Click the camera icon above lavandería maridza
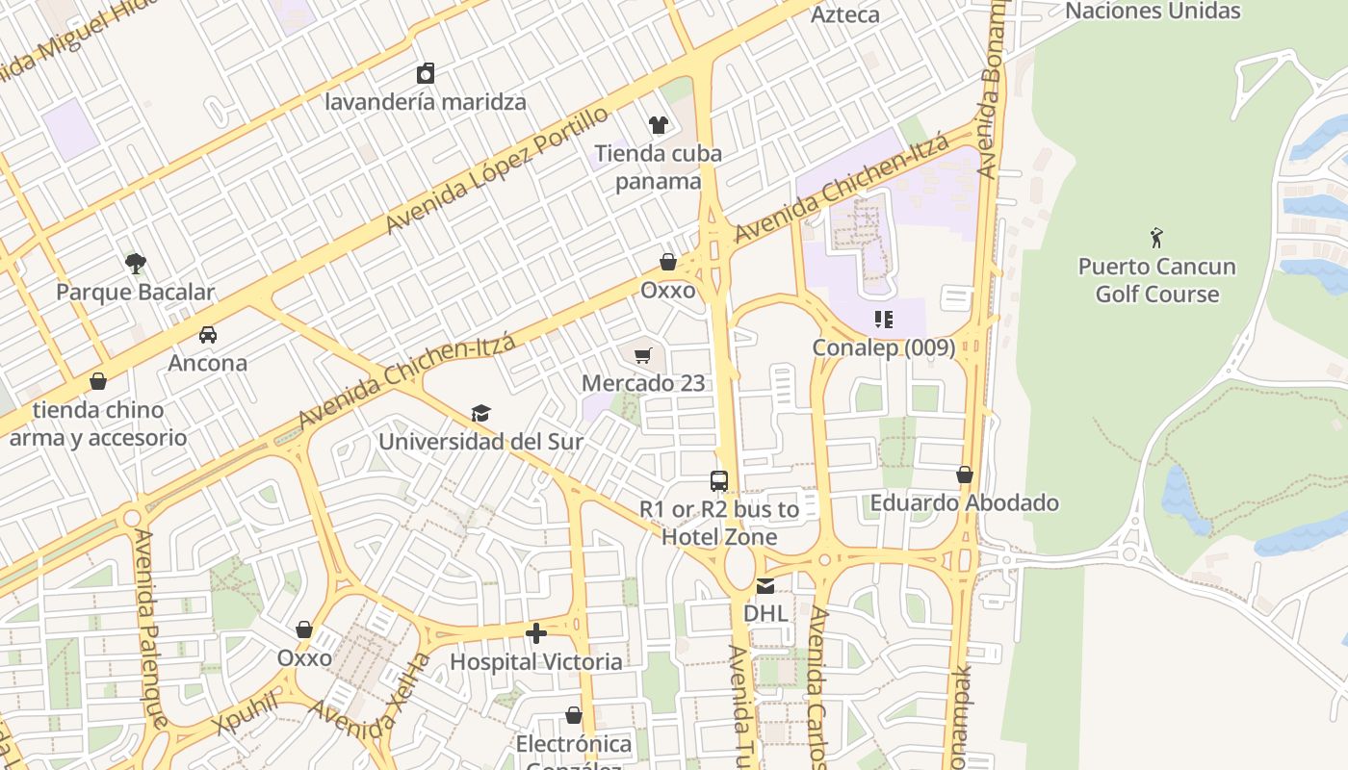pyautogui.click(x=426, y=73)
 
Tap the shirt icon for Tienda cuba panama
pyautogui.click(x=659, y=124)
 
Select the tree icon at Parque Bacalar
pyautogui.click(x=136, y=263)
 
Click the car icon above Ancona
pyautogui.click(x=207, y=335)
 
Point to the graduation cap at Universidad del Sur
pyautogui.click(x=480, y=414)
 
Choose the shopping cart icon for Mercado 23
pyautogui.click(x=643, y=355)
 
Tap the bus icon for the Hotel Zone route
pyautogui.click(x=719, y=481)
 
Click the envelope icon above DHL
pyautogui.click(x=765, y=585)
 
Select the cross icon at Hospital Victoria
pyautogui.click(x=536, y=633)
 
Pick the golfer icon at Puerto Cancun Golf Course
pyautogui.click(x=1156, y=238)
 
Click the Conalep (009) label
pyautogui.click(x=883, y=347)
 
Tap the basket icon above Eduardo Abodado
pyautogui.click(x=965, y=475)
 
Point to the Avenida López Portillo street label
pyautogui.click(x=497, y=169)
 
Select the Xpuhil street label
pyautogui.click(x=246, y=712)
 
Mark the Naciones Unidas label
pyautogui.click(x=1153, y=12)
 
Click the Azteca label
pyautogui.click(x=844, y=14)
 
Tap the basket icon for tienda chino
pyautogui.click(x=97, y=382)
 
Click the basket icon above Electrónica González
pyautogui.click(x=574, y=716)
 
